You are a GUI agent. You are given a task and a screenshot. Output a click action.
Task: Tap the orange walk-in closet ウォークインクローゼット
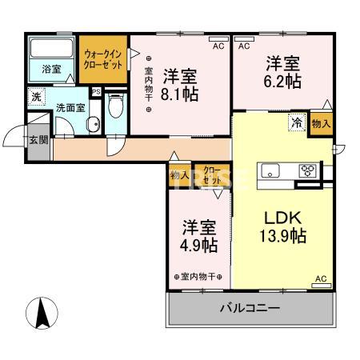click(103, 59)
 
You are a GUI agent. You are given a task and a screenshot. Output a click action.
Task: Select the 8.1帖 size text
click(181, 94)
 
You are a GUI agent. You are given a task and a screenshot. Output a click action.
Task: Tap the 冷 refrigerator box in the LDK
click(296, 123)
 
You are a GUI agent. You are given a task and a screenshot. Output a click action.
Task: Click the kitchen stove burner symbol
click(308, 169)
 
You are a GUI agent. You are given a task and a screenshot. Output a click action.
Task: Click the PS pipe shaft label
click(96, 91)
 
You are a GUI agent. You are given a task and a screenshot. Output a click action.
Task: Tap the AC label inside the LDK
click(321, 278)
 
